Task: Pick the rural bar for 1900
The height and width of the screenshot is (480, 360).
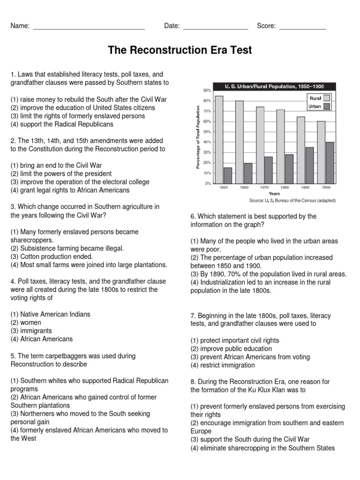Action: pyautogui.click(x=321, y=152)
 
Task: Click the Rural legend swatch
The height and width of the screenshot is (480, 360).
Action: pyautogui.click(x=327, y=98)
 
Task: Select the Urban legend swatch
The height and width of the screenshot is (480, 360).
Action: pyautogui.click(x=327, y=106)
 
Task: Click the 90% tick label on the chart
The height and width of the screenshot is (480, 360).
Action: pyautogui.click(x=207, y=90)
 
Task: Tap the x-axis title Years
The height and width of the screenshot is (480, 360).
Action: pyautogui.click(x=274, y=193)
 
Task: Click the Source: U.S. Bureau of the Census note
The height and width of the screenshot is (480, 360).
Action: pyautogui.click(x=292, y=200)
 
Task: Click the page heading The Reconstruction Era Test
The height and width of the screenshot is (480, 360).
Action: pyautogui.click(x=180, y=50)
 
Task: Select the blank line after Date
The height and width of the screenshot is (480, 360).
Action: pyautogui.click(x=215, y=27)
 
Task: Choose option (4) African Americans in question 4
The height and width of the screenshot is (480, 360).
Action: pyautogui.click(x=42, y=339)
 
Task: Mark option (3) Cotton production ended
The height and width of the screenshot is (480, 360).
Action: pyautogui.click(x=52, y=256)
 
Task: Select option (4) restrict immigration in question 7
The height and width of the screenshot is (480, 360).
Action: pyautogui.click(x=223, y=365)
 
